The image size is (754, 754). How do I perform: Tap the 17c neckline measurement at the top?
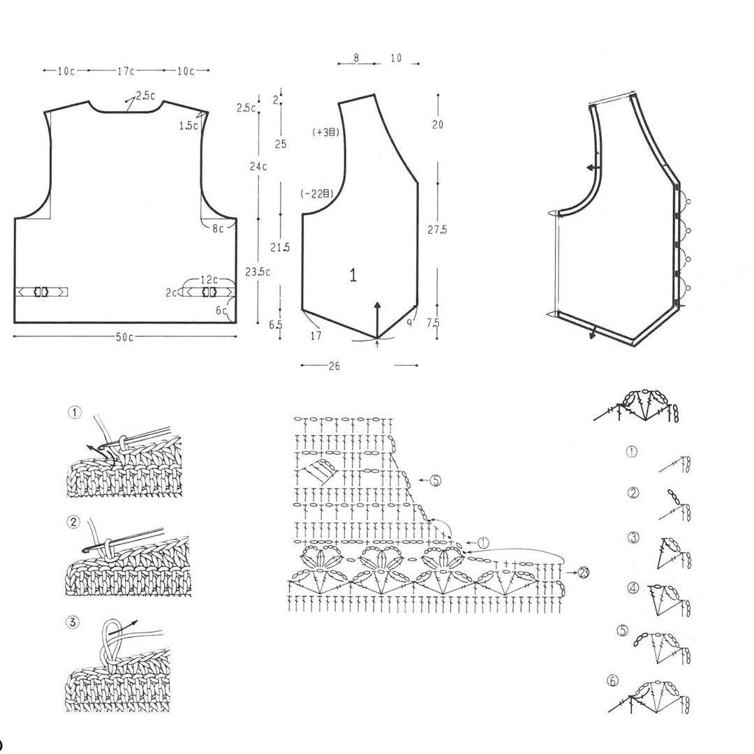tap(126, 71)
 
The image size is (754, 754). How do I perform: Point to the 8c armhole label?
tap(219, 228)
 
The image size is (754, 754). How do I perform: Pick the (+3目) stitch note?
tap(326, 132)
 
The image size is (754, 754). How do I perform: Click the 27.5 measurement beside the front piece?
tap(438, 230)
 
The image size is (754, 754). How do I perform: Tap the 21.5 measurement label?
tap(281, 247)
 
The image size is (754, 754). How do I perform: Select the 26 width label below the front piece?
tap(334, 366)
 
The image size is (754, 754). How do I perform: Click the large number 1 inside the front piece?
tap(353, 276)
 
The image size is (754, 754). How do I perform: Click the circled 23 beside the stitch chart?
tap(584, 573)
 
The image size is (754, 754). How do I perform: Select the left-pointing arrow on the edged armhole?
tap(593, 168)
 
